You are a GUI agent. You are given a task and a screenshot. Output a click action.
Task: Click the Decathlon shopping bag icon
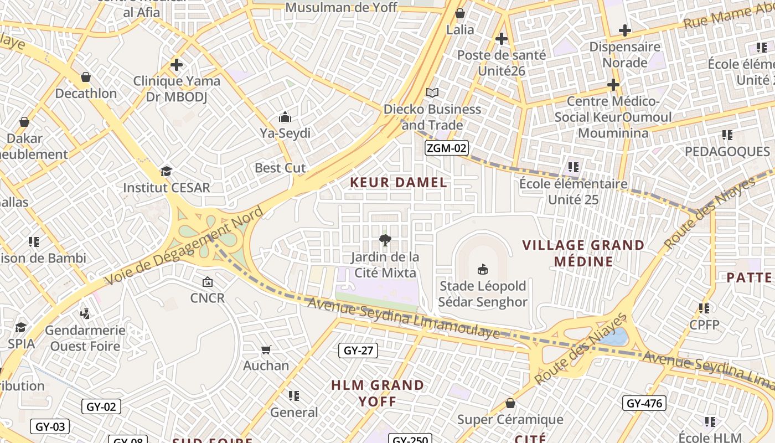[x=86, y=77]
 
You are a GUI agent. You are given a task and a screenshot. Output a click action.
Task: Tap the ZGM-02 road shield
[x=447, y=148]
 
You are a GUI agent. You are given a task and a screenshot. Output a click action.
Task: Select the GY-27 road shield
[x=358, y=350]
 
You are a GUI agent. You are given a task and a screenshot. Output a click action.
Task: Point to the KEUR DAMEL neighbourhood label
[x=399, y=182]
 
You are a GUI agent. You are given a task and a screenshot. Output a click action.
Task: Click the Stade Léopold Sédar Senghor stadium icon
[x=483, y=270]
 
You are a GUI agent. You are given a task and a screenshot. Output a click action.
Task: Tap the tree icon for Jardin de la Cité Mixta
[x=385, y=240]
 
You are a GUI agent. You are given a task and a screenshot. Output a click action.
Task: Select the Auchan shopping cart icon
[x=266, y=349]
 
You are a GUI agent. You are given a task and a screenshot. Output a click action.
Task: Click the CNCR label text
[x=208, y=298]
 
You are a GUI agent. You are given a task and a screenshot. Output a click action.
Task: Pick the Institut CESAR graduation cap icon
[x=166, y=171]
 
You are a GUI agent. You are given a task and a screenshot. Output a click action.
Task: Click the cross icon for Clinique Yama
[x=177, y=65]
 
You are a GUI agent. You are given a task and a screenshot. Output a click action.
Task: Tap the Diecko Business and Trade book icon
[x=432, y=92]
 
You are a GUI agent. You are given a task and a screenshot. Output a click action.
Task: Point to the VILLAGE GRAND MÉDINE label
[x=583, y=253]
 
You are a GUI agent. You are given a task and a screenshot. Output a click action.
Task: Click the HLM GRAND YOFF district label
[x=378, y=393]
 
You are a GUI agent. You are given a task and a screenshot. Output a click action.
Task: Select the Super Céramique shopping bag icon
[x=510, y=404]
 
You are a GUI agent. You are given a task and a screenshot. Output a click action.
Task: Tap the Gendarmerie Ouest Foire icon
[x=85, y=314]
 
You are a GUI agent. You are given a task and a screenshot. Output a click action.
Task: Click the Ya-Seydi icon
[x=285, y=117]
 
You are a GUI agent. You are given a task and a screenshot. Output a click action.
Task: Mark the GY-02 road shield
[x=101, y=406]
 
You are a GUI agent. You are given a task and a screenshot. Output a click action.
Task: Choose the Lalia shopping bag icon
[x=459, y=14]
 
